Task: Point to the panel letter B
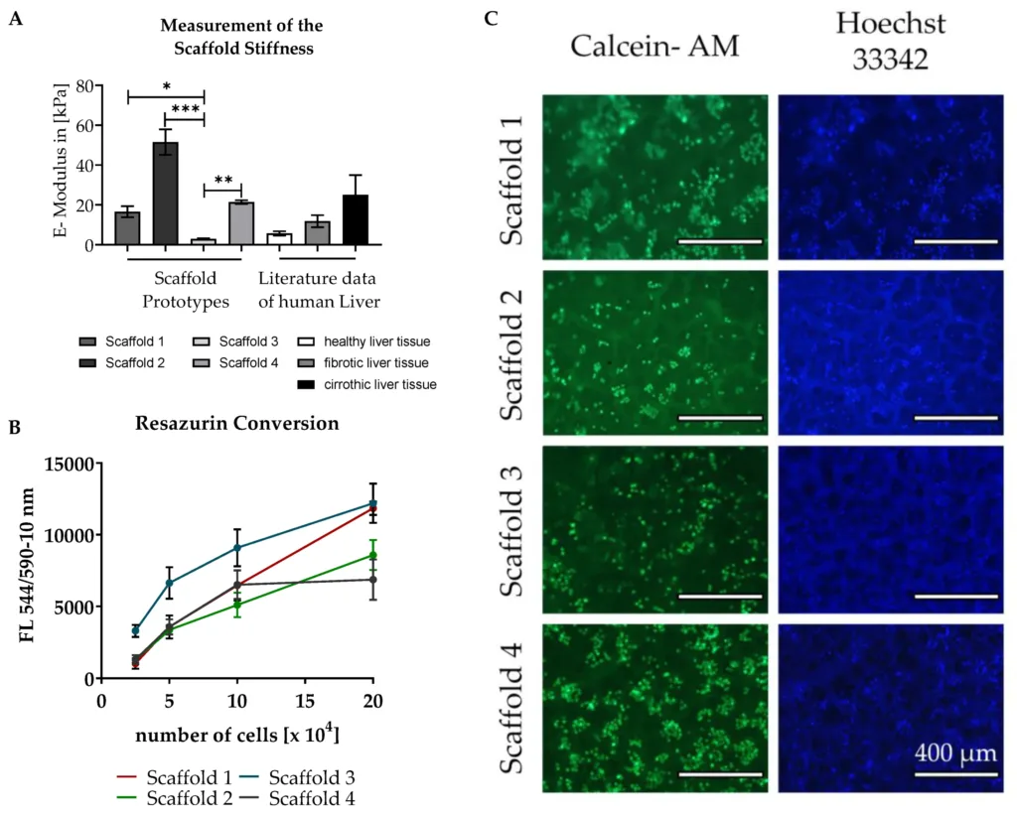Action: tap(15, 428)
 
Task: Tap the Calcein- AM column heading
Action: tap(654, 45)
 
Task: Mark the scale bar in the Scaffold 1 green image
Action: tap(719, 240)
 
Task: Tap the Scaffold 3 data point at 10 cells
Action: tap(236, 547)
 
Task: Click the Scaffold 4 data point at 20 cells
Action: tap(373, 579)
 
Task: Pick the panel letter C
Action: tap(491, 18)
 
